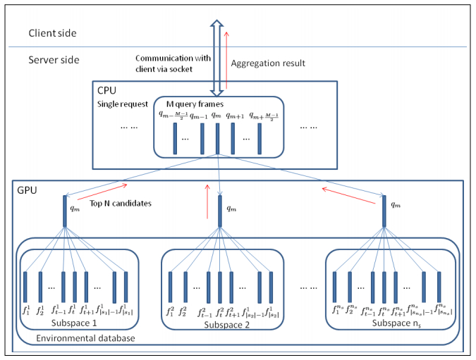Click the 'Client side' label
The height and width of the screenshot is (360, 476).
click(52, 32)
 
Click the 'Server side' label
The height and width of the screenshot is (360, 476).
click(54, 61)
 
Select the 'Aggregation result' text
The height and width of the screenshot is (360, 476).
click(267, 63)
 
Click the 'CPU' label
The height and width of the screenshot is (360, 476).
click(106, 90)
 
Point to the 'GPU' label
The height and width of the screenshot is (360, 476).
click(26, 190)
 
